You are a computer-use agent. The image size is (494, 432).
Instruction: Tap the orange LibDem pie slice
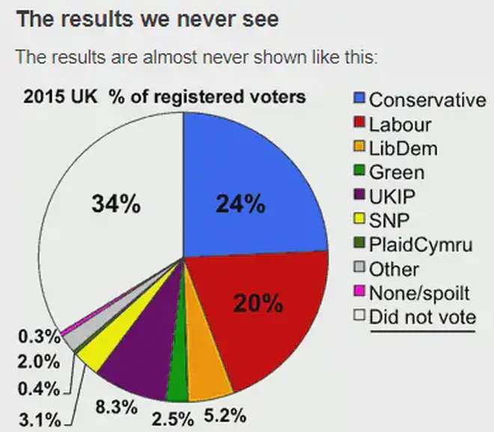point(208,377)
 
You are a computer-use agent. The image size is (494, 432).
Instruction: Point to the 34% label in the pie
point(115,203)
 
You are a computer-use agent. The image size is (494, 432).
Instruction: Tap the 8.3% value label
point(115,408)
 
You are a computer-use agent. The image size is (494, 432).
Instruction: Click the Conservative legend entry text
point(427,100)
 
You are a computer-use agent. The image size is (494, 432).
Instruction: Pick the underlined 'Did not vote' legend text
point(422,317)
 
